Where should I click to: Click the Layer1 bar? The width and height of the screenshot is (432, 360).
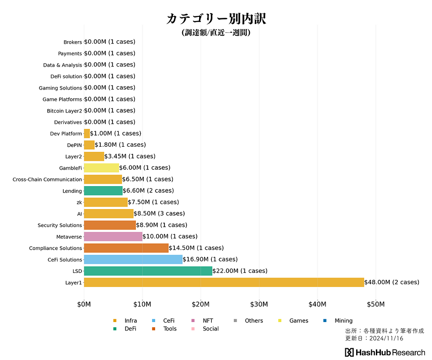click(224, 282)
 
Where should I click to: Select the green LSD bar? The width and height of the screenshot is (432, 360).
click(148, 271)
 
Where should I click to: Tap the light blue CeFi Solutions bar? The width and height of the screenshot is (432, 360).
click(133, 260)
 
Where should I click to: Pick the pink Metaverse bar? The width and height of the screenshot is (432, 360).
click(113, 237)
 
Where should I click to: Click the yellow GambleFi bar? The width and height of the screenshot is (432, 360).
click(101, 168)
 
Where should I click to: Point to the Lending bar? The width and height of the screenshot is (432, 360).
click(103, 191)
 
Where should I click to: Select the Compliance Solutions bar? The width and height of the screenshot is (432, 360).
click(126, 248)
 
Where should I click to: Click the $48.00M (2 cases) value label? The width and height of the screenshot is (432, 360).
click(392, 282)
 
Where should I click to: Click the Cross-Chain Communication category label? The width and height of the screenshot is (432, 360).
click(47, 180)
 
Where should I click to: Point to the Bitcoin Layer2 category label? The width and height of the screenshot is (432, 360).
click(64, 111)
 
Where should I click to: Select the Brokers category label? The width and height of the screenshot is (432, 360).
click(73, 42)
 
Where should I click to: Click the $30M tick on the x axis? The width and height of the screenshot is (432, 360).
click(259, 304)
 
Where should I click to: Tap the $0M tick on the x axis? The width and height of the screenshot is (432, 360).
click(84, 304)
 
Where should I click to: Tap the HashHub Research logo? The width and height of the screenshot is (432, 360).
click(385, 352)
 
